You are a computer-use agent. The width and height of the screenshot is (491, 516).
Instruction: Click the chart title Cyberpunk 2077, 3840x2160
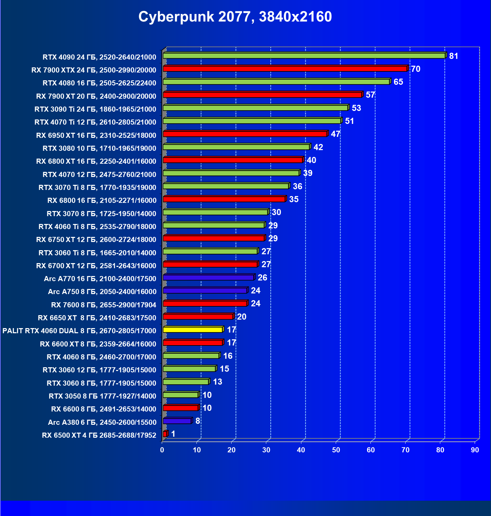[x=235, y=17]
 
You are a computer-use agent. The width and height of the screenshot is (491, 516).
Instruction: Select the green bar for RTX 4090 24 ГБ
[x=304, y=55]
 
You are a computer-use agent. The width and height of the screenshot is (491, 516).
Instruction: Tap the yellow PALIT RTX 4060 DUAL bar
[x=193, y=329]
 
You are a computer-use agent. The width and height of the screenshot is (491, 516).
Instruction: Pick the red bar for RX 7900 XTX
[x=285, y=69]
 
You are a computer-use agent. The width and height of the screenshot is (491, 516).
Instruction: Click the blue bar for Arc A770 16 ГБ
[x=208, y=277]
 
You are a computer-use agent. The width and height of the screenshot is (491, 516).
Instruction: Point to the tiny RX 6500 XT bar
[x=165, y=434]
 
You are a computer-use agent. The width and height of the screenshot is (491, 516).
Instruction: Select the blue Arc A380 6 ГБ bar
[x=177, y=421]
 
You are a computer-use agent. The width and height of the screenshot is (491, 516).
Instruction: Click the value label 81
[x=454, y=56]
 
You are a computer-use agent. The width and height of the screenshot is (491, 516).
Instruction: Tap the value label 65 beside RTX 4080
[x=398, y=82]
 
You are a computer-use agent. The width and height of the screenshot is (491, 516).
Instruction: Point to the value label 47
[x=335, y=134]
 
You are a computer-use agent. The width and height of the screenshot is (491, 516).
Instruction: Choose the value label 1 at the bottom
[x=173, y=434]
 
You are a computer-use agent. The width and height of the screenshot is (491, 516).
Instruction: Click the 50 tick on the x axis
[x=336, y=450]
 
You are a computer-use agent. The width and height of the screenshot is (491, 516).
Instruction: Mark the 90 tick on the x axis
[x=475, y=450]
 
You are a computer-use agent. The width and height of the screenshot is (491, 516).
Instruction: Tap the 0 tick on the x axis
[x=162, y=450]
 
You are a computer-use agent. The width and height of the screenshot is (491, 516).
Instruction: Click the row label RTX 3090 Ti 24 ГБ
[x=95, y=109]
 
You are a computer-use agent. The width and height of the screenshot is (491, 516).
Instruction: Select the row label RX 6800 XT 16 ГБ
[x=96, y=161]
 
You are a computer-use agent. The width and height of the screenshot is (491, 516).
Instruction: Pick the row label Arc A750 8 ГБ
[x=102, y=292]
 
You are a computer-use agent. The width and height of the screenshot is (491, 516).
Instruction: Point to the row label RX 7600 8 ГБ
[x=104, y=305]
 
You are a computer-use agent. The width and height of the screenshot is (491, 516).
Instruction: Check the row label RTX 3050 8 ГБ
[x=102, y=396]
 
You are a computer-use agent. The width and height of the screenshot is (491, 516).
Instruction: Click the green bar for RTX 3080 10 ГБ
[x=236, y=147]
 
